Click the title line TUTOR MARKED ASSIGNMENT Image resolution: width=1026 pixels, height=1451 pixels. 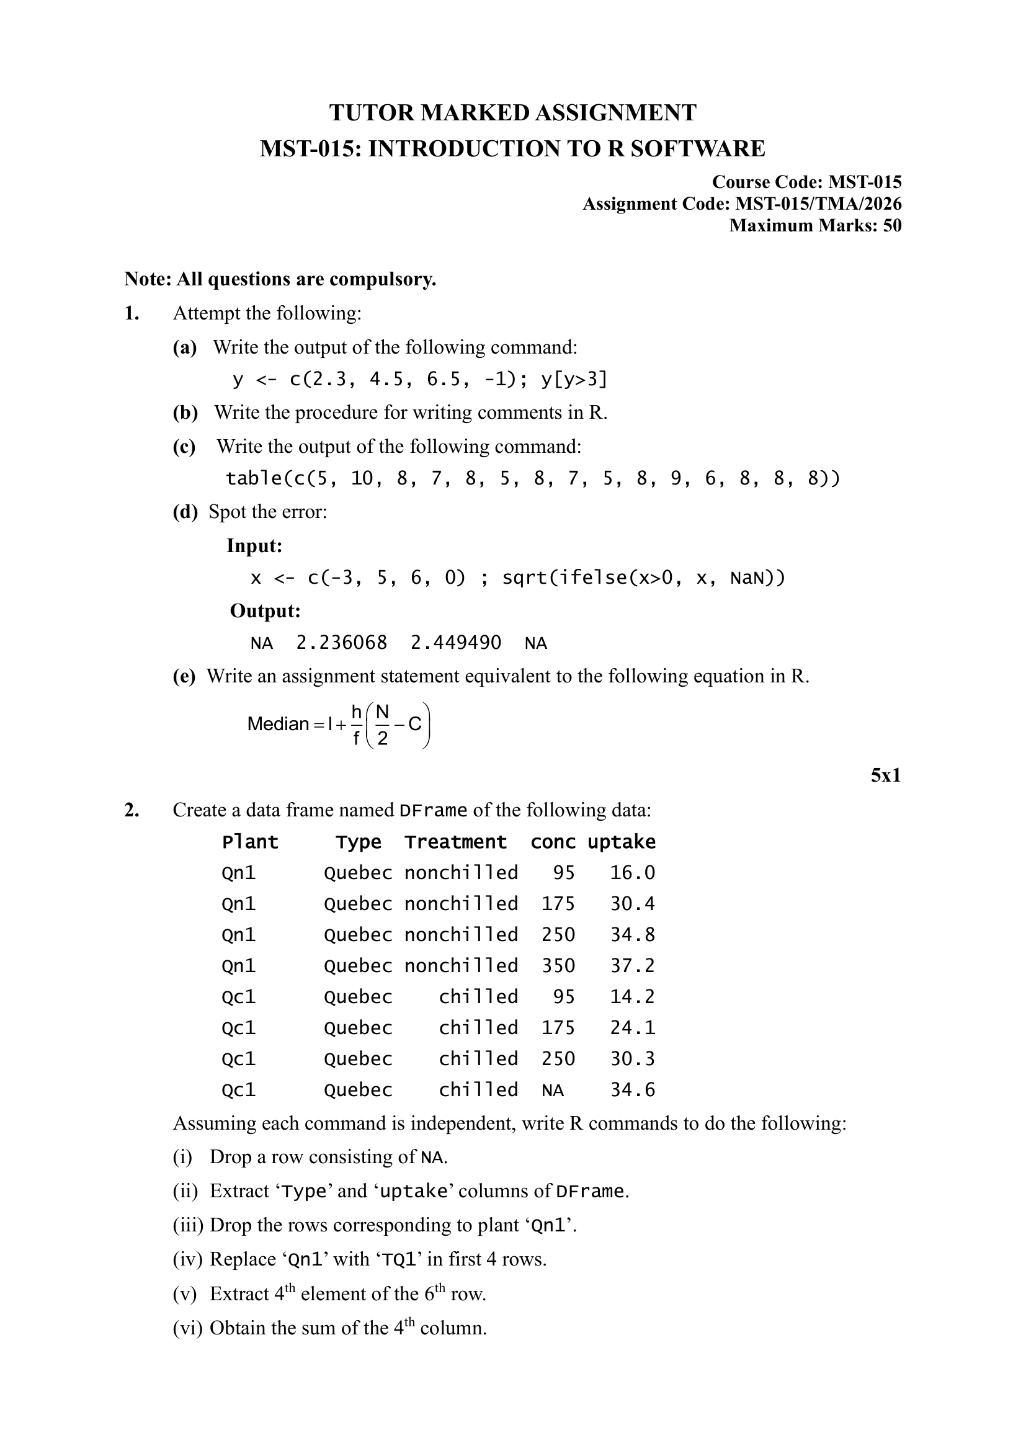(x=512, y=112)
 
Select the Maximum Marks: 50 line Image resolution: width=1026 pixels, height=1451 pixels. (x=815, y=226)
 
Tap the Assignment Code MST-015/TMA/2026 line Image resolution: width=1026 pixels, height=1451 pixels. (x=742, y=204)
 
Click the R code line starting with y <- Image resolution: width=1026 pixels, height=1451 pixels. (x=419, y=379)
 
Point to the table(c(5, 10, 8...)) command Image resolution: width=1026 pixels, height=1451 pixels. (x=533, y=478)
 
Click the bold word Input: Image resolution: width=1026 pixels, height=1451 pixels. (x=254, y=545)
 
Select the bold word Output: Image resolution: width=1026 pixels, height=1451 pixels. (x=265, y=611)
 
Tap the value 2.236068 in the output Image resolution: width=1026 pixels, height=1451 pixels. (x=341, y=643)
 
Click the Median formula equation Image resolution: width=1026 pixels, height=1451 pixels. (x=339, y=724)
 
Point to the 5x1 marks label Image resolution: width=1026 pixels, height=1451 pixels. (x=885, y=775)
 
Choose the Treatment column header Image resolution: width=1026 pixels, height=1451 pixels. (x=455, y=842)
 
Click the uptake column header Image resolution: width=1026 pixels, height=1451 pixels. (x=621, y=842)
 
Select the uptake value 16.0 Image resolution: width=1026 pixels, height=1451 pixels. (x=632, y=873)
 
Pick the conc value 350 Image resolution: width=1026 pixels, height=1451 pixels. (x=558, y=967)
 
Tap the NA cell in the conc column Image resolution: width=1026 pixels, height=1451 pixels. (x=552, y=1090)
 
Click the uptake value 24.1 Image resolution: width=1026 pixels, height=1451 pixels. (x=632, y=1028)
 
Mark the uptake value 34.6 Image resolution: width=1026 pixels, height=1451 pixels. (x=632, y=1090)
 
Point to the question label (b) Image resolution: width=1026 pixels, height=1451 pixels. (x=185, y=413)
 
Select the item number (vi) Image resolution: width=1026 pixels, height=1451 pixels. (x=187, y=1327)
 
